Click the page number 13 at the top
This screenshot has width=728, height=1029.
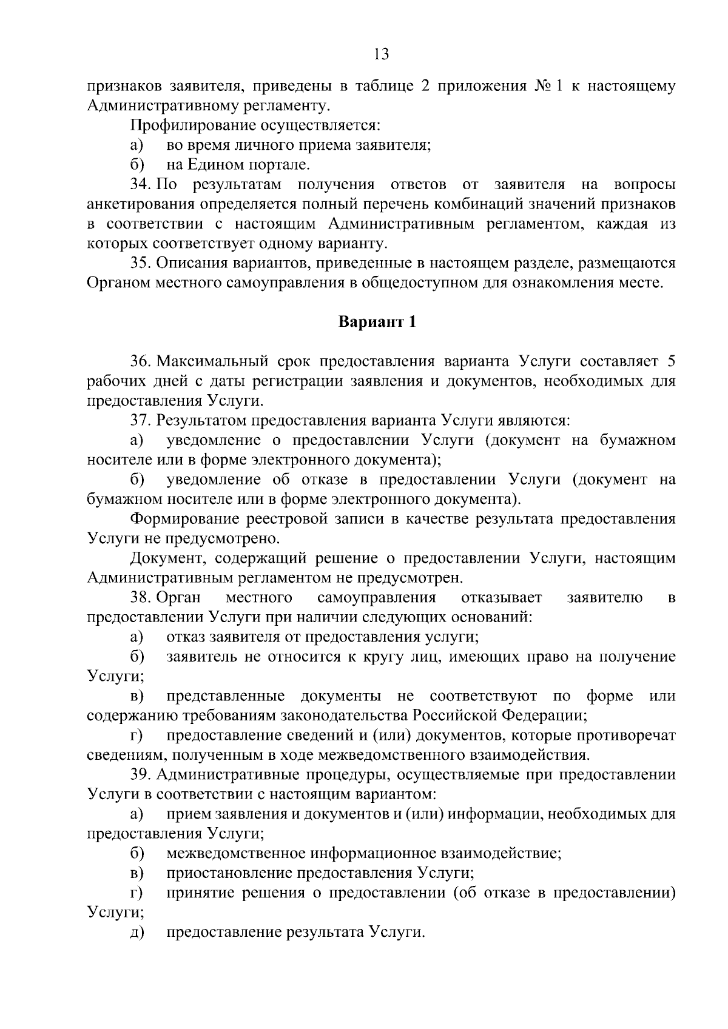click(x=381, y=55)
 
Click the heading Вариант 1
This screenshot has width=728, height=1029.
click(x=377, y=322)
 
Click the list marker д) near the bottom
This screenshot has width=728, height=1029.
click(x=136, y=933)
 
